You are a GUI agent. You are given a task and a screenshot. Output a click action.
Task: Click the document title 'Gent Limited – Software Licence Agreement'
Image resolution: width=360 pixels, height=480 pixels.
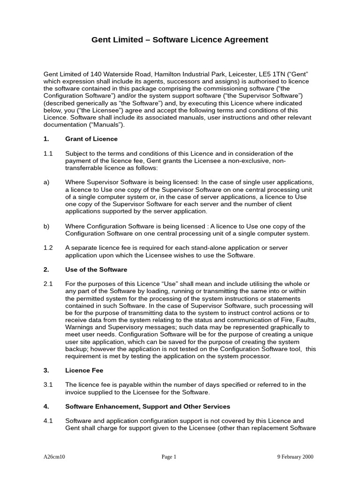(180, 40)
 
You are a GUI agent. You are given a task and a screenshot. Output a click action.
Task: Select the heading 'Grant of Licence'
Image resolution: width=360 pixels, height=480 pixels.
(91, 139)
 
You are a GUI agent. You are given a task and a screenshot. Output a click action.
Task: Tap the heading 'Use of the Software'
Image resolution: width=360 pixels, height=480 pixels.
(96, 270)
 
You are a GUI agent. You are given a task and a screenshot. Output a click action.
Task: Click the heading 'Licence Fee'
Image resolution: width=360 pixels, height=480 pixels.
(84, 370)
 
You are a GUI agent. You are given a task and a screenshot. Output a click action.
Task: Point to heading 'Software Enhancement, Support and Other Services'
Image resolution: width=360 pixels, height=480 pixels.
(148, 406)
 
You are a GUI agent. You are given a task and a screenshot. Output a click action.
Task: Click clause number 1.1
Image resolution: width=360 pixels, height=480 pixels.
(48, 153)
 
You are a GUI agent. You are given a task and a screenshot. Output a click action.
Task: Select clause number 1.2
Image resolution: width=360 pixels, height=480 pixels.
(48, 247)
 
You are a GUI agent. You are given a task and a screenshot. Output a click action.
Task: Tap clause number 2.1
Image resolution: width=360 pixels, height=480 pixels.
(48, 284)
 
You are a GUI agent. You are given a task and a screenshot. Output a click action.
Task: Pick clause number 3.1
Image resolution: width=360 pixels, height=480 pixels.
(48, 385)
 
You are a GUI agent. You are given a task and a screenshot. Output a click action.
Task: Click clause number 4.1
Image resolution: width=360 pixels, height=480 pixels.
(48, 420)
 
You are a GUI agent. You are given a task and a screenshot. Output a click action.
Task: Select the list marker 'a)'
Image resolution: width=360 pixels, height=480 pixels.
(46, 182)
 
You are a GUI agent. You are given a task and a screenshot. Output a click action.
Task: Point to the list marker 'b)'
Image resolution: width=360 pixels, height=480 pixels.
(46, 226)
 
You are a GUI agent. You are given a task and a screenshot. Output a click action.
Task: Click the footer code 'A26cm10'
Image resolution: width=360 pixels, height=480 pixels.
(54, 457)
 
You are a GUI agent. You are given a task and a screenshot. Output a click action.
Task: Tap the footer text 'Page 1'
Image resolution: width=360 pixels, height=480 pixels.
(169, 457)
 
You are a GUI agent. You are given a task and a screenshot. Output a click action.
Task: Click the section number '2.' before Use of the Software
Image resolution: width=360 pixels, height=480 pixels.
(46, 270)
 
